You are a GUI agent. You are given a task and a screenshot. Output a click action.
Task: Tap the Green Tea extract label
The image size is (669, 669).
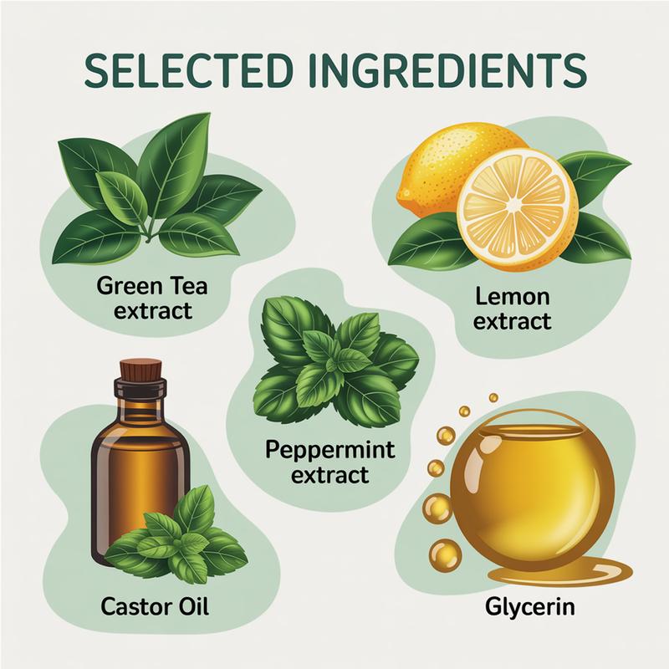[x=152, y=298]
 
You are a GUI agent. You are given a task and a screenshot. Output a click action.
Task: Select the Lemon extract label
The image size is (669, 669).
[x=512, y=309]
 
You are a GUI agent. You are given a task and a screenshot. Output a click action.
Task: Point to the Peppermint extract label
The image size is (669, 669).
[x=329, y=462]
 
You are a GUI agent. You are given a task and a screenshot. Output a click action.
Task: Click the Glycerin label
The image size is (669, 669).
[x=530, y=607]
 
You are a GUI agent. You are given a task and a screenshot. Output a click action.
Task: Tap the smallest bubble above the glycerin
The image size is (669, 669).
[x=493, y=398]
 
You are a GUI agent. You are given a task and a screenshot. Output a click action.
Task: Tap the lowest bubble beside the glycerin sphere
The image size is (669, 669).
[x=446, y=554]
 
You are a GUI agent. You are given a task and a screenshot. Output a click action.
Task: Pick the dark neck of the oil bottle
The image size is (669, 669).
[x=140, y=396]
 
